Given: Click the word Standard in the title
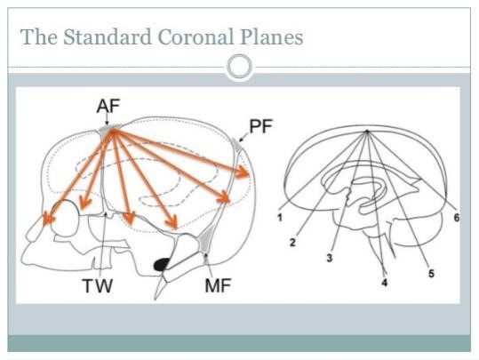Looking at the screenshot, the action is [x=108, y=36].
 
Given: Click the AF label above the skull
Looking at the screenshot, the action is [x=108, y=107].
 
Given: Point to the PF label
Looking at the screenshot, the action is [x=261, y=126].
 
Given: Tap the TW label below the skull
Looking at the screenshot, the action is [x=98, y=285].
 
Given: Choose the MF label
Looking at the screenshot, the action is [x=218, y=285].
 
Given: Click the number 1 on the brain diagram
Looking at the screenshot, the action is [x=280, y=218].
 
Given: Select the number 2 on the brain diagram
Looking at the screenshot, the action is [x=292, y=243].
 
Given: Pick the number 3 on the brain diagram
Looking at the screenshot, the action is [x=330, y=258].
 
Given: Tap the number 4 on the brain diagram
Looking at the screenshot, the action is [x=385, y=283].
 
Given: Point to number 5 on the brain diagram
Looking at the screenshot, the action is [x=431, y=274].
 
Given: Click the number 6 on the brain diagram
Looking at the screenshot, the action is [x=457, y=218].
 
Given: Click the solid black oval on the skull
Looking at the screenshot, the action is [x=162, y=264].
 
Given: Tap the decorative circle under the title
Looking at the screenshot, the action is [x=240, y=67].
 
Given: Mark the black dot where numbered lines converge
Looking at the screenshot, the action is [x=368, y=132].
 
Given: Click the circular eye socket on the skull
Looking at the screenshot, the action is [x=66, y=218].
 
